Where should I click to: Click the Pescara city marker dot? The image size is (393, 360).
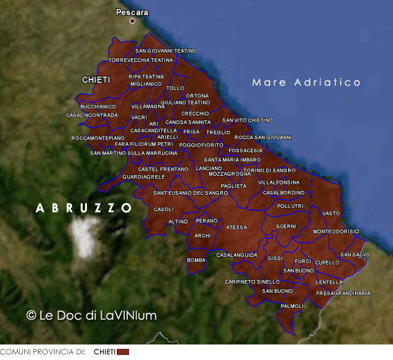132,21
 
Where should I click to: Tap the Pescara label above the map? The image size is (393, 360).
132,12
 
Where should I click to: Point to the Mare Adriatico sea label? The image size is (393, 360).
307,82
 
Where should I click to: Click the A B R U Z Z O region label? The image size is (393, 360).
84,208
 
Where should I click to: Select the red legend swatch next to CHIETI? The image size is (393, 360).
123,352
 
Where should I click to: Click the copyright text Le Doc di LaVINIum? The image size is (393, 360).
91,315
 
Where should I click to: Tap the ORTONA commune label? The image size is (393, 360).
197,96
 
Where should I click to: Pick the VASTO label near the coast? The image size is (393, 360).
332,213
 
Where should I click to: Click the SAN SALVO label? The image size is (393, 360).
355,254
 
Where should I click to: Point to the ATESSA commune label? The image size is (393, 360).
236,227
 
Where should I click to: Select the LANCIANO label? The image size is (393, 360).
209,168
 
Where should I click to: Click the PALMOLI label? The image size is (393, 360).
292,306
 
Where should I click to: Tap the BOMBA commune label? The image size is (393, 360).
196,260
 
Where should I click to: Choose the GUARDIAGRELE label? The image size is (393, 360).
144,177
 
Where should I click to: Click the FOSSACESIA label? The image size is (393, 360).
245,150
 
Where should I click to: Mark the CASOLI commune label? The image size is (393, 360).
164,209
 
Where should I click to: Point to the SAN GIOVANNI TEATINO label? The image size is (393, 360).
166,51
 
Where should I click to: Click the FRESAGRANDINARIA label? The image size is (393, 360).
343,293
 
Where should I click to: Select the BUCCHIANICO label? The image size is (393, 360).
98,107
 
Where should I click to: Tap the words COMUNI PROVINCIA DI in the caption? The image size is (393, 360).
42,352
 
